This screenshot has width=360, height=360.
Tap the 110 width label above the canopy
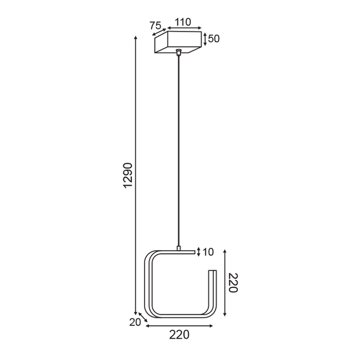[183, 21]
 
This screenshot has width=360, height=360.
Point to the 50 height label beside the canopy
[213, 39]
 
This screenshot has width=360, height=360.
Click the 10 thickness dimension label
[208, 252]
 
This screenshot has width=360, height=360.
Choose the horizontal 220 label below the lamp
[179, 335]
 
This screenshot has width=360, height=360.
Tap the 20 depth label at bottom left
[134, 322]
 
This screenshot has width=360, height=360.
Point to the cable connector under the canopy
[179, 52]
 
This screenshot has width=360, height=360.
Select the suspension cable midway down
[179, 152]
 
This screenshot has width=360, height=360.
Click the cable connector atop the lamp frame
[179, 248]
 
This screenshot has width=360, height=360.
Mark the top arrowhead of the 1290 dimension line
[136, 38]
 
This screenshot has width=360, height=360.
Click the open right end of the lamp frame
[213, 273]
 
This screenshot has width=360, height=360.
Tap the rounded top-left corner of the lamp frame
[151, 256]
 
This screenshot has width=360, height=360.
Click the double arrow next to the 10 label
[200, 252]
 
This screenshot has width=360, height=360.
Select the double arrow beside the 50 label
[205, 39]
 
